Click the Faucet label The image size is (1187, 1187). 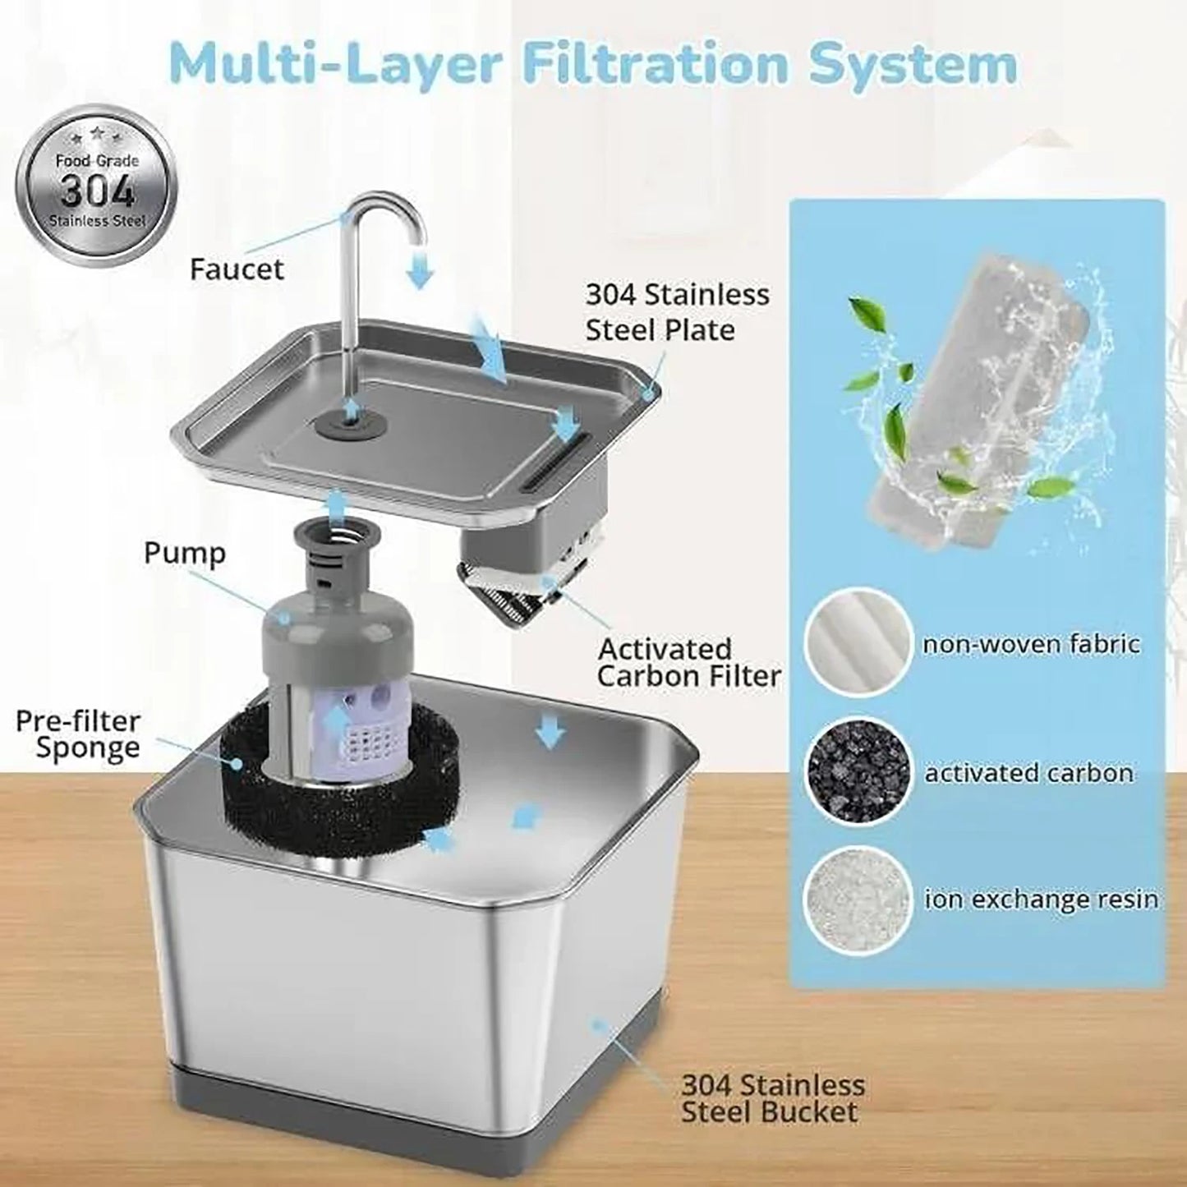237,269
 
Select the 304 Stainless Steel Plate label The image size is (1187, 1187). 677,312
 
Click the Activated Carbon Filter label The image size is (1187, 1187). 688,662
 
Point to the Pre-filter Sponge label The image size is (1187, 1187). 78,735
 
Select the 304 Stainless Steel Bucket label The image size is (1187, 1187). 772,1098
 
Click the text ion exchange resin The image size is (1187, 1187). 1041,900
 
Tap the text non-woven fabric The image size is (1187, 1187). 1031,642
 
